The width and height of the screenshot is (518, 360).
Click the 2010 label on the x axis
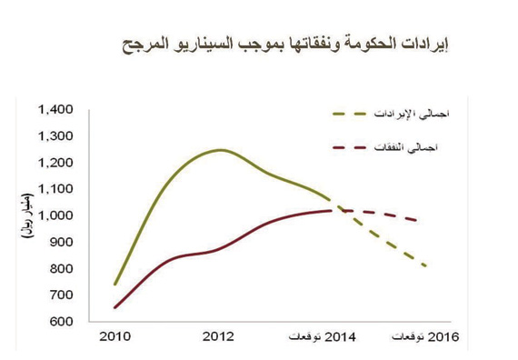115,337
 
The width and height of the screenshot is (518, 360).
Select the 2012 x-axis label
218,337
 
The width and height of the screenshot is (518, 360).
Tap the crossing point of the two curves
334,210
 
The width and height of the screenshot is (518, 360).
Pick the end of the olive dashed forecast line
425,266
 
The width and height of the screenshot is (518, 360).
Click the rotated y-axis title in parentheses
26,215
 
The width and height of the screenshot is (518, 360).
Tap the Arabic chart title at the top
285,42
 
